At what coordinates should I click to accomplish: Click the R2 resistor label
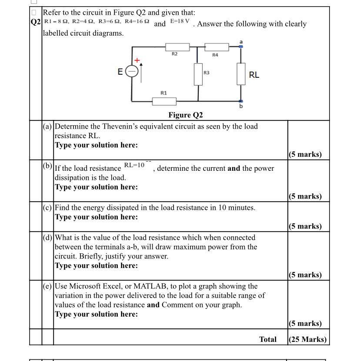tap(174, 54)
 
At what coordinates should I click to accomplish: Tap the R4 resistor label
tap(215, 55)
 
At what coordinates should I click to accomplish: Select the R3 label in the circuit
tap(207, 73)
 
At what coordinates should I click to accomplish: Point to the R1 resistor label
tap(163, 93)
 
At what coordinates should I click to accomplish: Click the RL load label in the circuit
tap(254, 75)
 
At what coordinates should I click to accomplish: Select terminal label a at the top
tap(241, 41)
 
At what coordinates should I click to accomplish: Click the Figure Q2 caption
tap(186, 115)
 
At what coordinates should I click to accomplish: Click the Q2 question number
tap(36, 22)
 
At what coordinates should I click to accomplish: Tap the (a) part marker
tap(48, 126)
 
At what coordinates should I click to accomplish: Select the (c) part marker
tap(48, 208)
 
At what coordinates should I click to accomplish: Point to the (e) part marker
tap(48, 286)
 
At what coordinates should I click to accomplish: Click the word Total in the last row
tap(267, 339)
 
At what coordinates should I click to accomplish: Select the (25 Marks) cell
tap(307, 339)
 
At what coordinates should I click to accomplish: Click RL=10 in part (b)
tap(134, 165)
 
